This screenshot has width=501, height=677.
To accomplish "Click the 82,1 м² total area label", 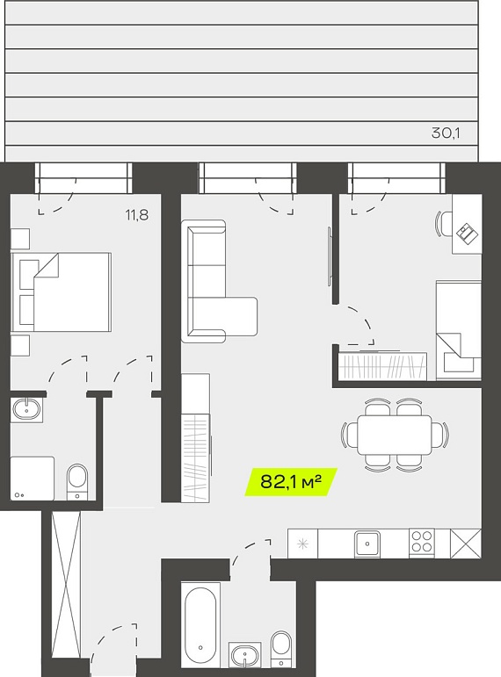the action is pos(291,481).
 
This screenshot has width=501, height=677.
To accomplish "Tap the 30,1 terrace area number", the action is pos(446,133).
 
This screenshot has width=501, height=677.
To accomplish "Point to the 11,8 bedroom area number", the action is pos(137,214).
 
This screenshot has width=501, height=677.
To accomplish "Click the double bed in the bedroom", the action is pos(62,292).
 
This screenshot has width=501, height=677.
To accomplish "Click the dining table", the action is pos(395,435).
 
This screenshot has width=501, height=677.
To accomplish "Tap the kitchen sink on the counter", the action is pos(367,544).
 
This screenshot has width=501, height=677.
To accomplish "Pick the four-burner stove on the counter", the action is pos(422,542).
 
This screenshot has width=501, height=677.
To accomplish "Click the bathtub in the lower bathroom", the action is pos(200,624).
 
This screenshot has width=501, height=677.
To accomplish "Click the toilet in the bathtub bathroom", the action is pos(281,649).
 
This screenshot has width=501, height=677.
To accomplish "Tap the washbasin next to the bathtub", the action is pos(244,654).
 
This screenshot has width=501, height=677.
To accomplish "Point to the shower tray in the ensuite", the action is pos(33,479).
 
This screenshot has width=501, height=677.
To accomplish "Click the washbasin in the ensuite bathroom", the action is pos(26,409).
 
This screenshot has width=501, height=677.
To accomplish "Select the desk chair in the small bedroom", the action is pos(444,223).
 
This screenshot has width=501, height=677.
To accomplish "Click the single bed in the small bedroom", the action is pos(459,330).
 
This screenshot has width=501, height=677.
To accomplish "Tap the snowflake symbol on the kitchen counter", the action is pos(302,544).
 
